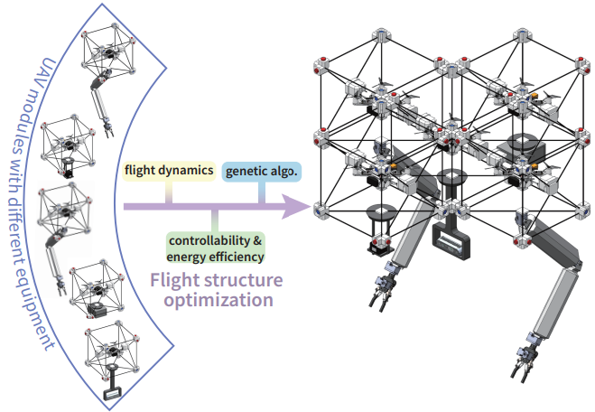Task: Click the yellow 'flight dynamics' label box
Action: pyautogui.click(x=169, y=172)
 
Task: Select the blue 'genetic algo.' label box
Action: pyautogui.click(x=262, y=172)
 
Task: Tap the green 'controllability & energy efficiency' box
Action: pyautogui.click(x=215, y=248)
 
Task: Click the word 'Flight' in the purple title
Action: pyautogui.click(x=173, y=280)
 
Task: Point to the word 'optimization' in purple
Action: pyautogui.click(x=218, y=300)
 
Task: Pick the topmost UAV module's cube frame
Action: pyautogui.click(x=107, y=50)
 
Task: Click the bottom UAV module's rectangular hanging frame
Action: pyautogui.click(x=112, y=393)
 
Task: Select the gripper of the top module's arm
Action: pyautogui.click(x=108, y=128)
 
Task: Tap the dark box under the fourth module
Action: pyautogui.click(x=96, y=310)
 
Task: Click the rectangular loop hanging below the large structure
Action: pyautogui.click(x=451, y=241)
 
